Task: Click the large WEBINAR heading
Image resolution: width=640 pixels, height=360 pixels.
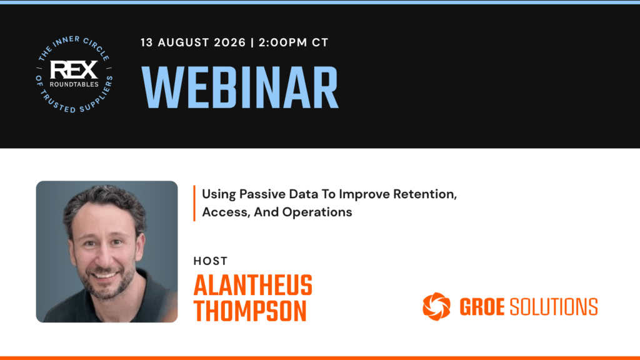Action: pos(240,87)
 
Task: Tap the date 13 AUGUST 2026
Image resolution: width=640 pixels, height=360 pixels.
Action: pos(193,42)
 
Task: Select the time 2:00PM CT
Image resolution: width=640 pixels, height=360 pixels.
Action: pos(294,42)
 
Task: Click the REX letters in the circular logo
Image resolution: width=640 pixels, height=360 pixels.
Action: pos(74,70)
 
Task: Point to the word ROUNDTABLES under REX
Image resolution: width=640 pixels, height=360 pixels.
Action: pos(74,84)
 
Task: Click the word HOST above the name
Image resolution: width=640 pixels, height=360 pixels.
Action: pos(210,261)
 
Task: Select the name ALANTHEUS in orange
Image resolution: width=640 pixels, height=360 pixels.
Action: pos(252,285)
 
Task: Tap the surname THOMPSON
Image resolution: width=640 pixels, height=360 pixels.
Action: pos(250,311)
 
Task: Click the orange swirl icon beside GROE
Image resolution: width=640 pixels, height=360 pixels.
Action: pos(436,306)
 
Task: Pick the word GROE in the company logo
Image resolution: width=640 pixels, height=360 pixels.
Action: pos(482,307)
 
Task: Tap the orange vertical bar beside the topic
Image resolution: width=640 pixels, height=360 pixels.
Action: pos(194,203)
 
